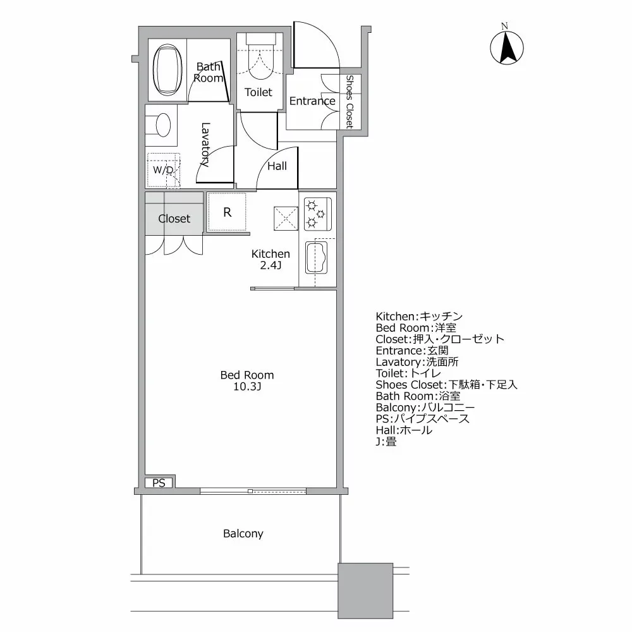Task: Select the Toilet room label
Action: pyautogui.click(x=258, y=92)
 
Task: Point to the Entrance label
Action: pyautogui.click(x=312, y=101)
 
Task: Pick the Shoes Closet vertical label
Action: pyautogui.click(x=349, y=102)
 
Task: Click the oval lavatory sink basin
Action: pyautogui.click(x=163, y=125)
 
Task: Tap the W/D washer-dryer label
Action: pyautogui.click(x=164, y=170)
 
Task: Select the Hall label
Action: pyautogui.click(x=277, y=166)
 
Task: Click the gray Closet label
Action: pyautogui.click(x=174, y=219)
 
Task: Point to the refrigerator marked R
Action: pyautogui.click(x=227, y=212)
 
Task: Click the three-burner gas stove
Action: pyautogui.click(x=318, y=214)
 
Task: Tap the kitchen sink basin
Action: pyautogui.click(x=315, y=258)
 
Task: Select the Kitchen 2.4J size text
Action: pyautogui.click(x=270, y=260)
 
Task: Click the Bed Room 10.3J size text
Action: pyautogui.click(x=247, y=381)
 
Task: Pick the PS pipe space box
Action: pyautogui.click(x=159, y=482)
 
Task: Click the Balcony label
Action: pyautogui.click(x=243, y=534)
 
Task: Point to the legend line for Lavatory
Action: pyautogui.click(x=417, y=362)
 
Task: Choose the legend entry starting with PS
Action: pyautogui.click(x=423, y=419)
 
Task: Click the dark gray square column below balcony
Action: pyautogui.click(x=365, y=590)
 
